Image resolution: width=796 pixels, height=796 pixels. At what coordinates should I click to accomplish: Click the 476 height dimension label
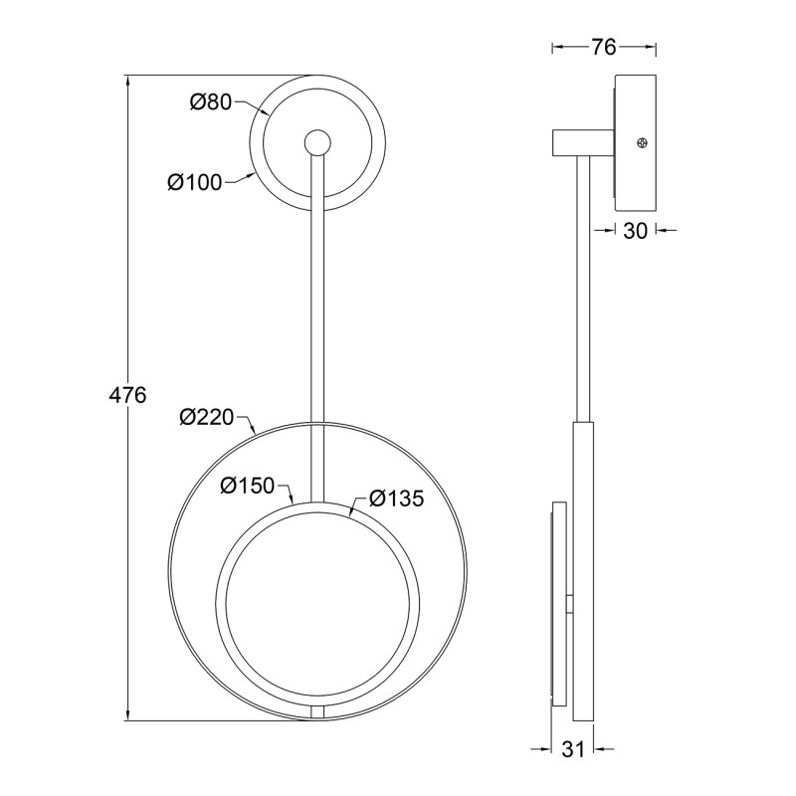pos(127,394)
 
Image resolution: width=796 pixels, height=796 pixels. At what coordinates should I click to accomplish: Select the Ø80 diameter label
pos(211,102)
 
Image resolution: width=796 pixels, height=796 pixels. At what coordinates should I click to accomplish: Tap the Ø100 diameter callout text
pos(195,182)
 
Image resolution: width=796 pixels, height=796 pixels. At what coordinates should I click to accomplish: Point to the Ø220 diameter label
pos(207,417)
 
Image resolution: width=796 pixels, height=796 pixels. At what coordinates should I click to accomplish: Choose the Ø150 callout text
pos(247,486)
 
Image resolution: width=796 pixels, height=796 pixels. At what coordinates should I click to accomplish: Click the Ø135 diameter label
pos(396,498)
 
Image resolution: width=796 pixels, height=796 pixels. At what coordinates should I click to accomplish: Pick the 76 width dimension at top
pos(603,47)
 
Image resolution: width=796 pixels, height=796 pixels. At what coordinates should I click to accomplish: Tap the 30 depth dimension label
pos(635,231)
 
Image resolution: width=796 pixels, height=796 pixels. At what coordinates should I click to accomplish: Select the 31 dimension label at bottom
pos(573,749)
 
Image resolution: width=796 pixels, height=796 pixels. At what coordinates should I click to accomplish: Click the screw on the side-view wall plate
pos(642,143)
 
